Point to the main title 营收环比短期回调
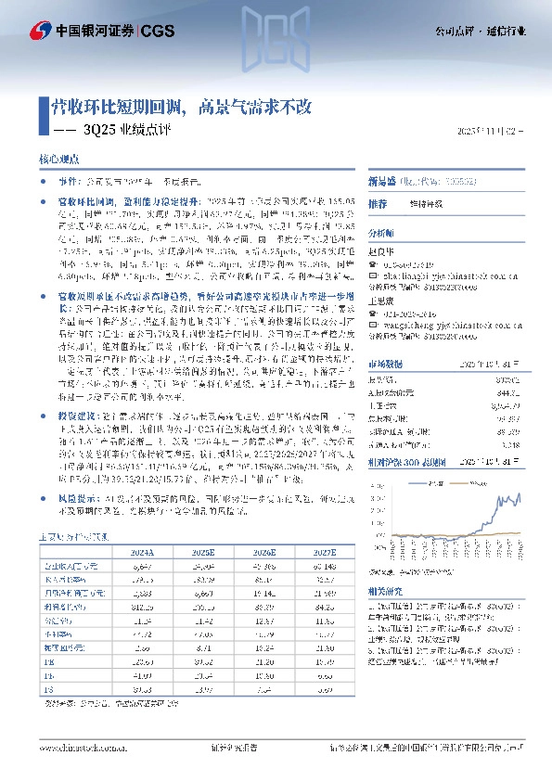(118, 106)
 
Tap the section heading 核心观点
(58, 160)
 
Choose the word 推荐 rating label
(377, 203)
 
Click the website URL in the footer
(80, 747)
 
